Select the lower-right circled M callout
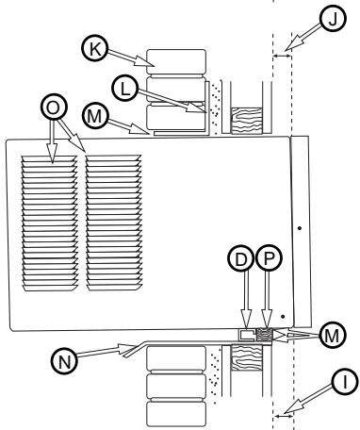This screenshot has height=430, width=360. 332,333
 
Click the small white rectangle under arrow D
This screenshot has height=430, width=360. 247,334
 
